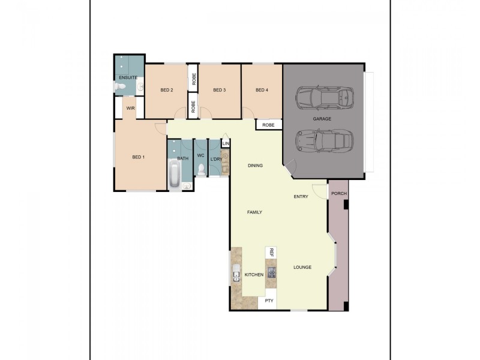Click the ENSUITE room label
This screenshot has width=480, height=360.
[x=128, y=78]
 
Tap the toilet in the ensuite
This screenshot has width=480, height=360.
[x=120, y=88]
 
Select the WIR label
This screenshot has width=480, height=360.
[x=130, y=109]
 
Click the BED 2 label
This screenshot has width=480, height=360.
[x=167, y=90]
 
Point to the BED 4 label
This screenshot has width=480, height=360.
[x=262, y=90]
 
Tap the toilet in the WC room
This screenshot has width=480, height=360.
[x=201, y=170]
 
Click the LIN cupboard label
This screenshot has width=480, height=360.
[x=226, y=144]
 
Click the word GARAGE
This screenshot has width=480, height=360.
[x=322, y=119]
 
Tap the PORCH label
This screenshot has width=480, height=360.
[x=339, y=193]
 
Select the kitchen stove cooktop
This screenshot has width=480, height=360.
[x=272, y=272]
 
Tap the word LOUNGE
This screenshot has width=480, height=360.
[x=302, y=267]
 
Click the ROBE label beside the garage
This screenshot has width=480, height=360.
[x=268, y=125]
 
